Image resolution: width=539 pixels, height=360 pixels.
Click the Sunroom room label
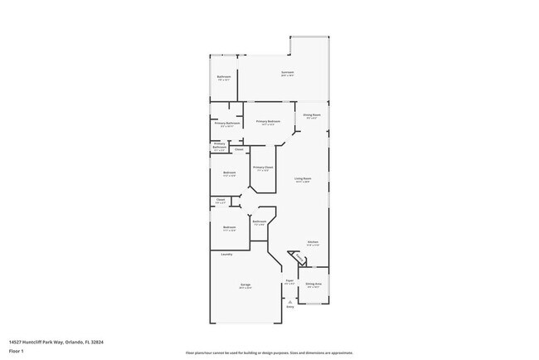pos(287,72)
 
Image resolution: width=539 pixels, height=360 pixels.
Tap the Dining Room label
pos(312,114)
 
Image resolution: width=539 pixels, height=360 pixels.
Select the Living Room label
pos(303,178)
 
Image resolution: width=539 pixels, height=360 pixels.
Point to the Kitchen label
pos(313,242)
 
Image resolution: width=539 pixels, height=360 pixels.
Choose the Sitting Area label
pos(313,284)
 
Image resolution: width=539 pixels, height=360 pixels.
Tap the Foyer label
pos(290,280)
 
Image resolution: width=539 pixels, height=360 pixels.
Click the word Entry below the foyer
pos(290,307)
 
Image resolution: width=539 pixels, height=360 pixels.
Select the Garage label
pos(246,285)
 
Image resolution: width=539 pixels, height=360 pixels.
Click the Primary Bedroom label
pos(268,122)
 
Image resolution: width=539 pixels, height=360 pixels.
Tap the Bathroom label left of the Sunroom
pos(224,77)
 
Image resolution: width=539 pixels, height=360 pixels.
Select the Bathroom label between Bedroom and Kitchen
pos(260,221)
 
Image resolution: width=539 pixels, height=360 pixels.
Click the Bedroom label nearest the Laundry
pos(230,227)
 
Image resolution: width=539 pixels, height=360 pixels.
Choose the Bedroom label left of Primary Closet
pos(230,173)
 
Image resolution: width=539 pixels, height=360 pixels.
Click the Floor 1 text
pos(16,351)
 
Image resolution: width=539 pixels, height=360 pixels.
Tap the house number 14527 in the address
pos(16,341)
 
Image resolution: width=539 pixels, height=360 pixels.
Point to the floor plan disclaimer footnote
pos(269,352)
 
